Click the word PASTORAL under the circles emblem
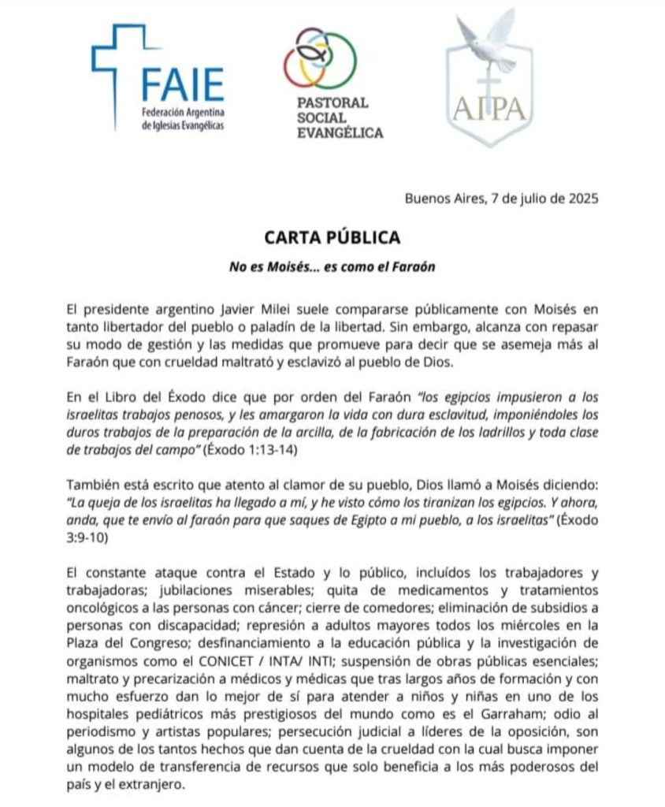click(332, 102)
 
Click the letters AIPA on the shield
click(489, 106)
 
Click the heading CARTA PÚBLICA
click(332, 236)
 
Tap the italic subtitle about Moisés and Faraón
click(332, 266)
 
